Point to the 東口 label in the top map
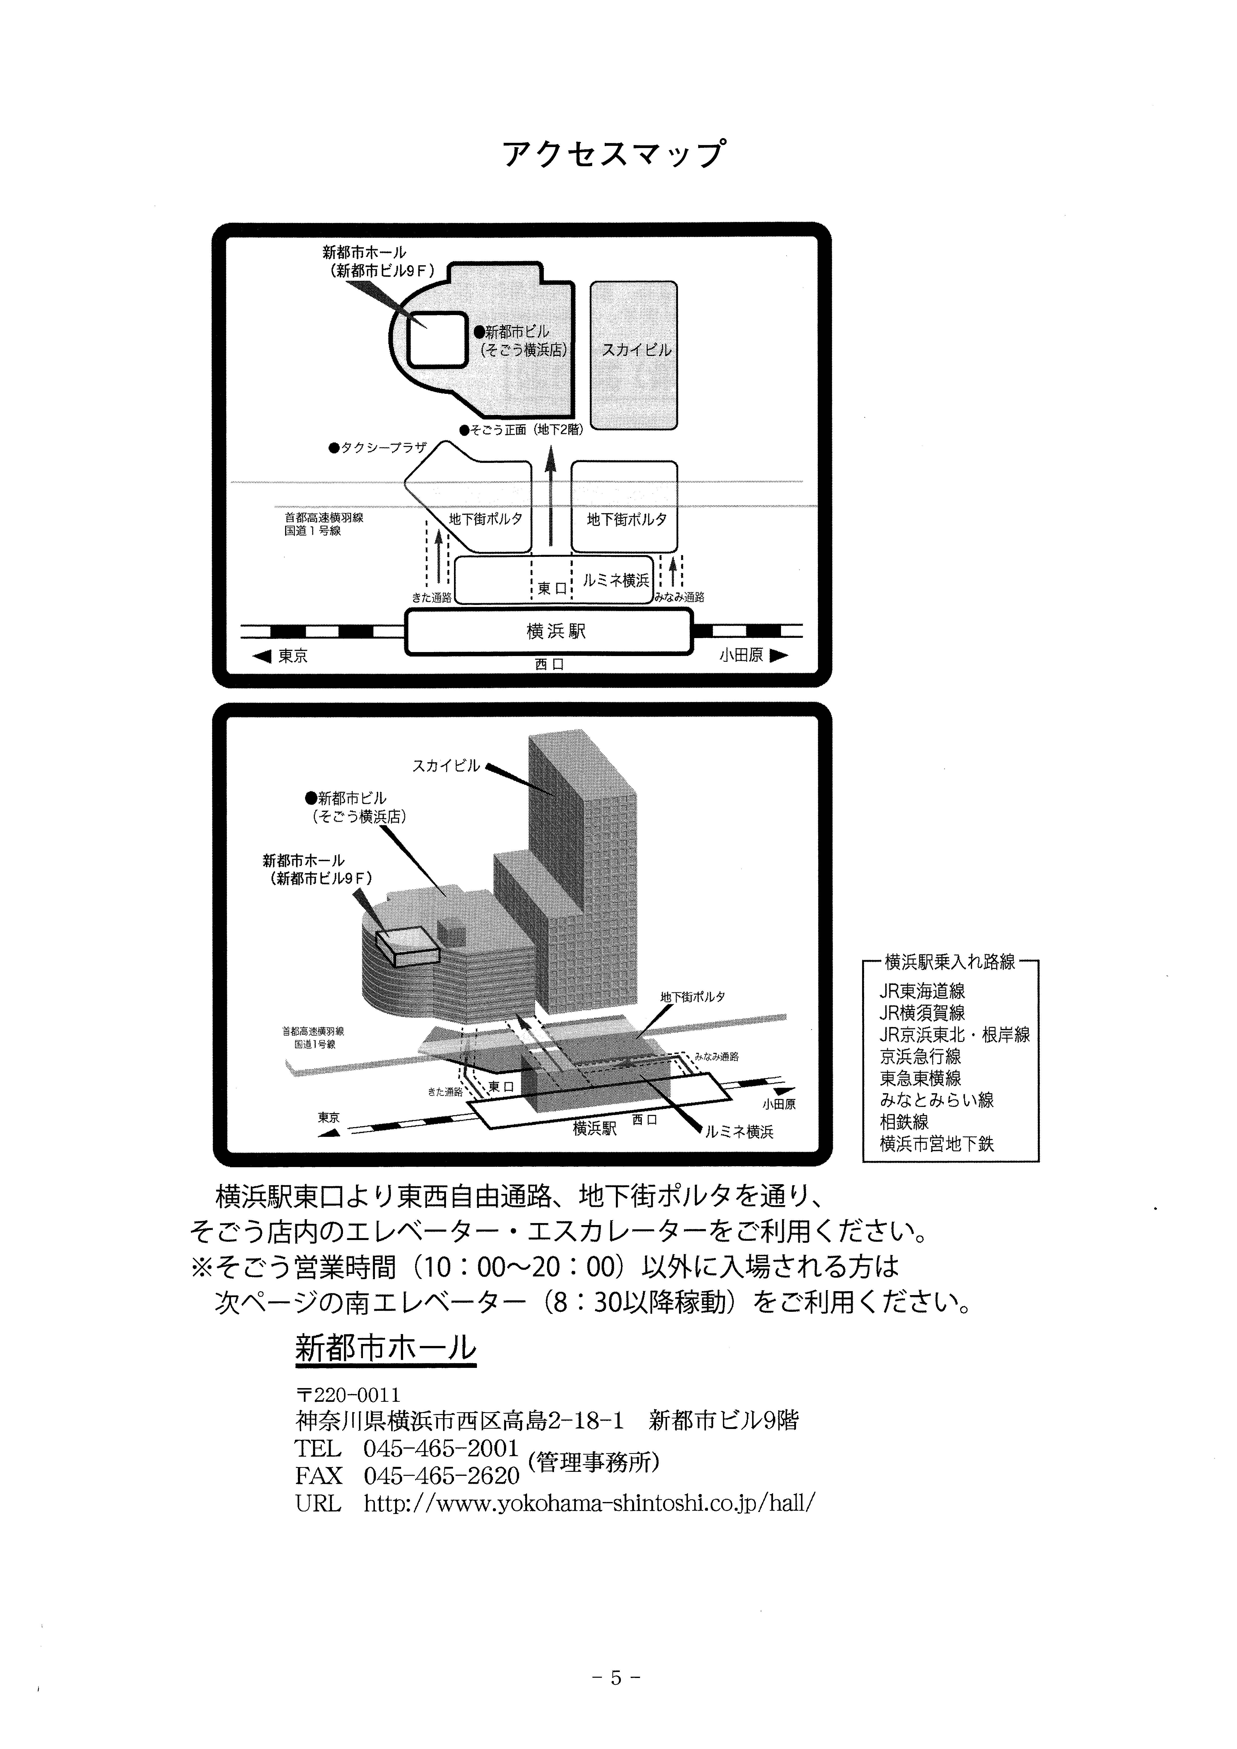552,588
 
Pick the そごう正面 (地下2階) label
522,430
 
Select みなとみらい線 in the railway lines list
937,1100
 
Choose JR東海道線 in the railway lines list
922,991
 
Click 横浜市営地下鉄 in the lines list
937,1143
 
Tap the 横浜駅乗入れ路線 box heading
950,962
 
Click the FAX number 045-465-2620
441,1476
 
